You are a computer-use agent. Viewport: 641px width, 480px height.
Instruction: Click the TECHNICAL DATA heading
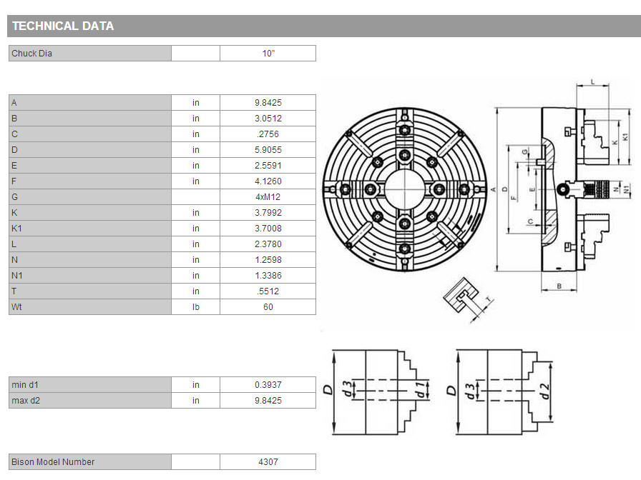63,26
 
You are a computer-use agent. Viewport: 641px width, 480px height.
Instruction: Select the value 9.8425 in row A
268,103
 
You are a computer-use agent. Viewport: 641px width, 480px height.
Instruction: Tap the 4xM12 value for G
268,197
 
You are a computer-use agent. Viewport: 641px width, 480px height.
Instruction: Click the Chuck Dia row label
31,54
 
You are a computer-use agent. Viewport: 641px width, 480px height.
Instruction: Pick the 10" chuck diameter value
268,54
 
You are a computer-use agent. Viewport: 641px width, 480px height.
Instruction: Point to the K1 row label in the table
16,229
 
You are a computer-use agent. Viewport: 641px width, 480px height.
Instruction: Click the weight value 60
268,307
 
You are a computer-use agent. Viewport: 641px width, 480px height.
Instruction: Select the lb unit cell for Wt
196,307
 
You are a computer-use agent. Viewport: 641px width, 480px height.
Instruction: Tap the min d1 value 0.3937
268,385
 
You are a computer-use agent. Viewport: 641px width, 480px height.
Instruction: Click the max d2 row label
26,401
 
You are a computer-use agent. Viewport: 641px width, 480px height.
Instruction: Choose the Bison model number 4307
268,462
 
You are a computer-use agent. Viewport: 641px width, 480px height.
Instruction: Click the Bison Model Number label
53,462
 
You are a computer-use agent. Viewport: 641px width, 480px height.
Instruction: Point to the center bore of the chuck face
405,189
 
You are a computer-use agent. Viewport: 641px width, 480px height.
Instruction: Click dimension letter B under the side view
559,286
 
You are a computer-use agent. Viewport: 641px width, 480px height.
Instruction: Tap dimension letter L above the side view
593,82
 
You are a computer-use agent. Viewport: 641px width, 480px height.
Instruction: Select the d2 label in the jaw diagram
544,391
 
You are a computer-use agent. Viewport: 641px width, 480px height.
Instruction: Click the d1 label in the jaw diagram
420,389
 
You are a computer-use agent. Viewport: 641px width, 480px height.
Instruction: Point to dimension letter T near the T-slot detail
488,300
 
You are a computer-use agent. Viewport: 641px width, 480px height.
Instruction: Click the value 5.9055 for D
268,150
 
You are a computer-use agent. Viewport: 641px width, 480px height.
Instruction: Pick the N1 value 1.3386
268,276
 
